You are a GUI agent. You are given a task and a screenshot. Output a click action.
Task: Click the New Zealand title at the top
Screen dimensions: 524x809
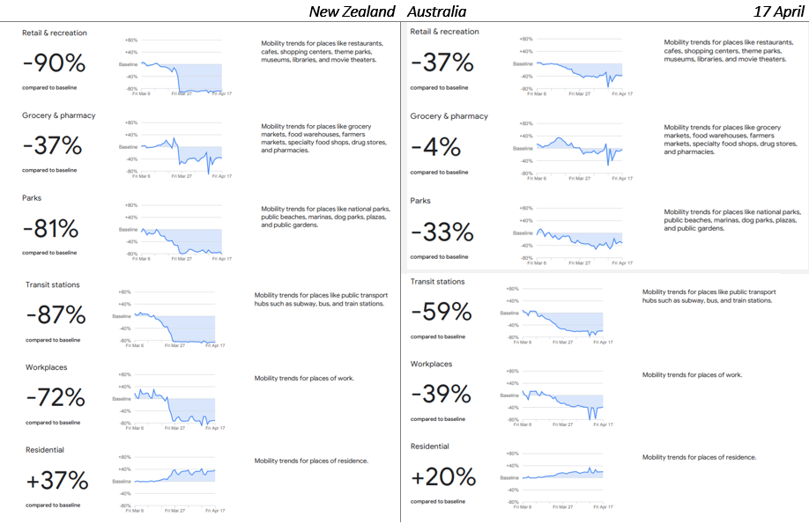pyautogui.click(x=353, y=11)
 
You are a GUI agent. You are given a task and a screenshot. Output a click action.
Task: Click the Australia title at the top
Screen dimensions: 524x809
pyautogui.click(x=436, y=11)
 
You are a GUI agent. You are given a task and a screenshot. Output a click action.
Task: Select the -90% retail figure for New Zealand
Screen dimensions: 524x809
pyautogui.click(x=53, y=63)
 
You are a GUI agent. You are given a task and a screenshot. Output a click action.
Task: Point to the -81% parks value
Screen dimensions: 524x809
pyautogui.click(x=50, y=229)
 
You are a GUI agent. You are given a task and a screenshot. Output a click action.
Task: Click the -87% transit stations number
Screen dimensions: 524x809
pyautogui.click(x=56, y=314)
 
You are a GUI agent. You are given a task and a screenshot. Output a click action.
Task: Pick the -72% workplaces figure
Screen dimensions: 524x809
pyautogui.click(x=56, y=397)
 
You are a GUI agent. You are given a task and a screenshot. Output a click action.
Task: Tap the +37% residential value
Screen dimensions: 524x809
pyautogui.click(x=56, y=480)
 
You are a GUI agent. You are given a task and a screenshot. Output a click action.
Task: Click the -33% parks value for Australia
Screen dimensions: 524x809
pyautogui.click(x=442, y=232)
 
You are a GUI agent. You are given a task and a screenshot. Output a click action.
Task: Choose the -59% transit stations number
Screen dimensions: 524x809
pyautogui.click(x=442, y=312)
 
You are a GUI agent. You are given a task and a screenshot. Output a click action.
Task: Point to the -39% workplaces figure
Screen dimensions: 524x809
pyautogui.click(x=442, y=394)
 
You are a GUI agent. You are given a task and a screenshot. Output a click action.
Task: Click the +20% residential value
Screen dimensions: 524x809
pyautogui.click(x=443, y=476)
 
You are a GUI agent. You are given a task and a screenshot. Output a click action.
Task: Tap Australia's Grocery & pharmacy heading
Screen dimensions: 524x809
pyautogui.click(x=449, y=116)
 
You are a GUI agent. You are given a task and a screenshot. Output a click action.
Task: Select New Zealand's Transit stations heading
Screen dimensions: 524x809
pyautogui.click(x=53, y=284)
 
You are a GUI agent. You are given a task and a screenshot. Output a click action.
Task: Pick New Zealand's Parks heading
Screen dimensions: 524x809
pyautogui.click(x=32, y=198)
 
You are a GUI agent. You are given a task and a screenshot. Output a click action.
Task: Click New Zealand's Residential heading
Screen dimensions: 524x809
pyautogui.click(x=45, y=450)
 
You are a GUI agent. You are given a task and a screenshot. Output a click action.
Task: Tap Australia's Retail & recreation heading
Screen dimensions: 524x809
pyautogui.click(x=444, y=32)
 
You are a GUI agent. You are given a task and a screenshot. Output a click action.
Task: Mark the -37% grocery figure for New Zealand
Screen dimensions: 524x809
pyautogui.click(x=52, y=146)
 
